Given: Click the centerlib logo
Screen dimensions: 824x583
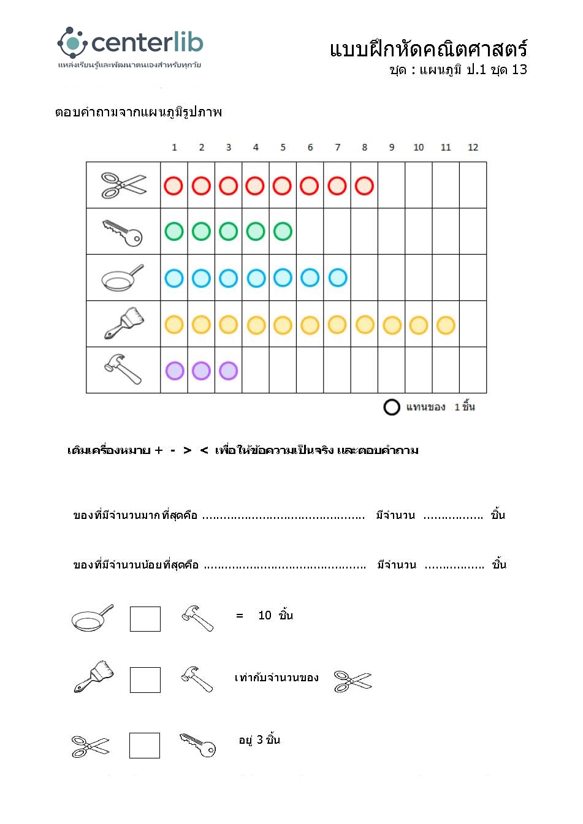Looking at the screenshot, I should (x=130, y=43).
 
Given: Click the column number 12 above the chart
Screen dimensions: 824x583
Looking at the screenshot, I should (x=473, y=148).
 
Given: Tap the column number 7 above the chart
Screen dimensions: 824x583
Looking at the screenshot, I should (x=337, y=148).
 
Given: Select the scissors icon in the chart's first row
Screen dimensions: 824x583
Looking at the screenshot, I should (x=124, y=185).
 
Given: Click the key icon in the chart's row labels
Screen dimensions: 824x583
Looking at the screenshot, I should (x=123, y=232).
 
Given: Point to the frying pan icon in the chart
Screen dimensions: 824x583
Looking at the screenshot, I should (x=122, y=279).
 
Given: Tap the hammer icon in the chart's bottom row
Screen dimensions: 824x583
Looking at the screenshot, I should (x=123, y=369).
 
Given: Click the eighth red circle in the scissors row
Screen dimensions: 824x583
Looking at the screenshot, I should (x=364, y=186).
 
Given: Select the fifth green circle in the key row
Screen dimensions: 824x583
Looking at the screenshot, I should (x=283, y=232).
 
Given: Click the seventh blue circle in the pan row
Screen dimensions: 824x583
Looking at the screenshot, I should (x=337, y=278).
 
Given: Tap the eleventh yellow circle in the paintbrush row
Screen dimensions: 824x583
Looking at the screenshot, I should (x=446, y=325).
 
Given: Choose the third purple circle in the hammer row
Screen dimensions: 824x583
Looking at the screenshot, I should (x=228, y=371).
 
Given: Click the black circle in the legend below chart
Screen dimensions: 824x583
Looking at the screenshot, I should (x=392, y=407).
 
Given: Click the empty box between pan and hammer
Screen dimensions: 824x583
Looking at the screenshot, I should (x=145, y=619).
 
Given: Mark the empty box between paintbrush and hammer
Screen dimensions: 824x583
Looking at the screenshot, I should (x=145, y=680).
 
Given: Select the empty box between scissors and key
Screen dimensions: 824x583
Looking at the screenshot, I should (x=145, y=746).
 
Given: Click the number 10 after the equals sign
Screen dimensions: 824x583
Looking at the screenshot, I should (x=265, y=616).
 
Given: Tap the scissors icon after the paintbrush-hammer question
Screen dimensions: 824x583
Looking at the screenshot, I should (x=353, y=681).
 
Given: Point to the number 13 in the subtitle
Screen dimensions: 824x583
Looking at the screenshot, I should (x=519, y=70).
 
